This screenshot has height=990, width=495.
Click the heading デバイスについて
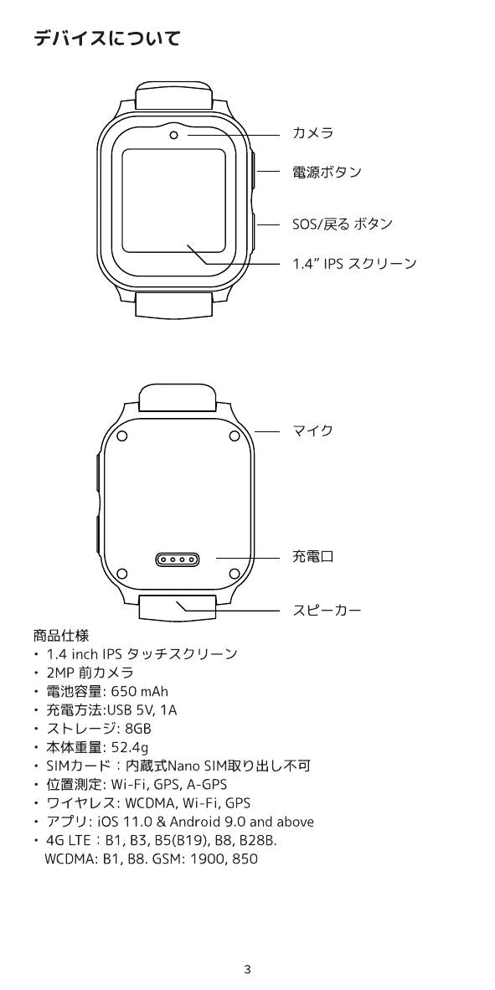coord(106,39)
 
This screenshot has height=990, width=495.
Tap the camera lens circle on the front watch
coord(174,135)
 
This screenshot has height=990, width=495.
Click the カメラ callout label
coord(312,132)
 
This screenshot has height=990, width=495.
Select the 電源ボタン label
coord(327,172)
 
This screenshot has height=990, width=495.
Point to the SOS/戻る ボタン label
coord(343,224)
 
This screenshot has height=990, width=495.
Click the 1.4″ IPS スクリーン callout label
coord(354,263)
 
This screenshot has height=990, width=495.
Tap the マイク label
coord(312,431)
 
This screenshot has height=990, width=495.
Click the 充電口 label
coord(312,556)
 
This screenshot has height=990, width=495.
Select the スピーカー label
coord(327,611)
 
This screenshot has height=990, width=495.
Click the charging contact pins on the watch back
coord(177,559)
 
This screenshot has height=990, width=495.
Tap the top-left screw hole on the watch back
coord(122,435)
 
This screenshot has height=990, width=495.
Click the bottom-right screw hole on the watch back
coord(234,573)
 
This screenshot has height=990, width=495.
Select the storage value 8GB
coord(138,729)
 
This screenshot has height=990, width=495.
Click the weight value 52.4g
coord(130,748)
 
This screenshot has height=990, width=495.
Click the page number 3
coord(248,969)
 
